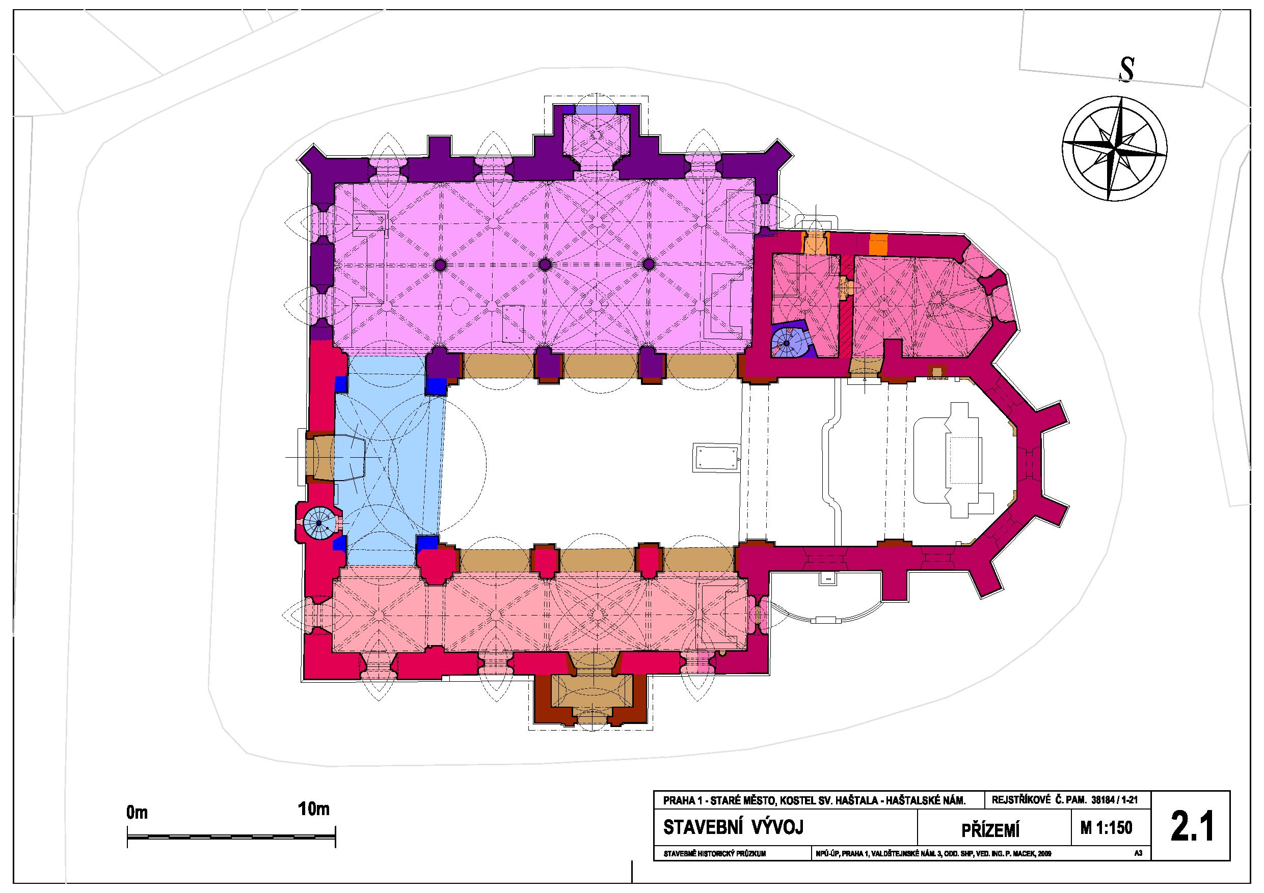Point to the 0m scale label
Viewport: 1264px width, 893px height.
click(137, 813)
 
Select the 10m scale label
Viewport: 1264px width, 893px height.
click(314, 810)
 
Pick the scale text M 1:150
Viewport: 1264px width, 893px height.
click(1107, 827)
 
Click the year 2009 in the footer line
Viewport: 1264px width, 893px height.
click(1044, 854)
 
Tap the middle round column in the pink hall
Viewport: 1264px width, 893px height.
click(545, 265)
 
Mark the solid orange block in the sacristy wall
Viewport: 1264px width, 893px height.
click(879, 244)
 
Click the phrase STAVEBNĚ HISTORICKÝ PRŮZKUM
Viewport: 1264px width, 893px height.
click(715, 854)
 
